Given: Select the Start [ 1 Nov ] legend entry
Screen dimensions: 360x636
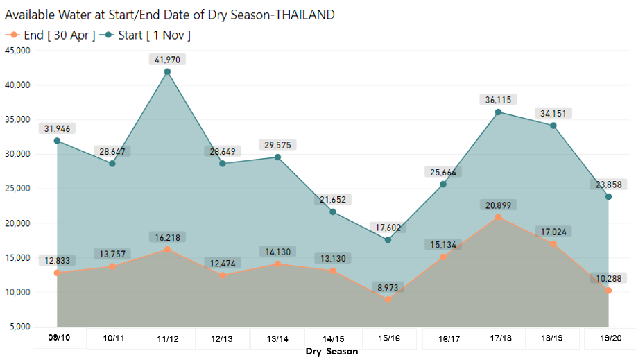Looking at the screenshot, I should [146, 35].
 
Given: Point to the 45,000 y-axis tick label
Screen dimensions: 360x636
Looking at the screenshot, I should [17, 51].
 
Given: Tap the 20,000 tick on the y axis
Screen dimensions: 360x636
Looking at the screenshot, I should [17, 223].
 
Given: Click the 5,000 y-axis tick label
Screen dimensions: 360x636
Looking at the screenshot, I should [19, 327].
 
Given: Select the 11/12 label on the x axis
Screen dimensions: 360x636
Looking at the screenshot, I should [167, 339].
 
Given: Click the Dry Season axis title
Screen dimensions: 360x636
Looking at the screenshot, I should [332, 352].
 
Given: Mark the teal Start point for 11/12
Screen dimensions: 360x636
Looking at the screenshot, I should [167, 71].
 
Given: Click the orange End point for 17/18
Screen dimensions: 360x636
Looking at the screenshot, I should [498, 217].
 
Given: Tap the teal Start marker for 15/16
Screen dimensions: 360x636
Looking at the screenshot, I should [388, 240].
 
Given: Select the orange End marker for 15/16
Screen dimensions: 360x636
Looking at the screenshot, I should [388, 300].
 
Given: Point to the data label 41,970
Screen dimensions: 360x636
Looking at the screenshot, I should [167, 60].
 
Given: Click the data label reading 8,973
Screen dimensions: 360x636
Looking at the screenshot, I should [387, 286].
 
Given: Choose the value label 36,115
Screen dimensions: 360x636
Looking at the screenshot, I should [498, 100].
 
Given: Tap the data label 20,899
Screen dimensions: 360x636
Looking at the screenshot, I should [498, 205].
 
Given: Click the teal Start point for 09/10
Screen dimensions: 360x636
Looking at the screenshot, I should [57, 141].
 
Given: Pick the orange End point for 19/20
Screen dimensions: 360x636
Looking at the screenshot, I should [608, 291].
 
